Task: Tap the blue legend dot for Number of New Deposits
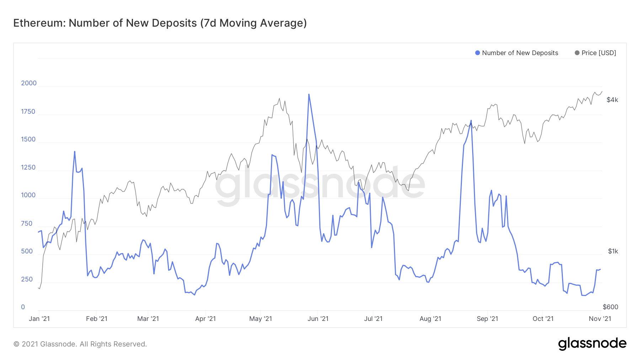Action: tap(478, 53)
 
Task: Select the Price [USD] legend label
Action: tap(599, 53)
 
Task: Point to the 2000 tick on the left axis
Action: tap(29, 83)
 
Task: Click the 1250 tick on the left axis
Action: tap(28, 167)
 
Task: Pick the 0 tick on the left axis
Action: tap(23, 307)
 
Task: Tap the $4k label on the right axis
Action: tap(612, 100)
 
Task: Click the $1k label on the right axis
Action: tap(613, 251)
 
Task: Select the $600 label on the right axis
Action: tap(610, 307)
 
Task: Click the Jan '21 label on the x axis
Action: tap(39, 319)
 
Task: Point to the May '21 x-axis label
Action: tap(261, 319)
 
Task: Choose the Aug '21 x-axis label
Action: tap(430, 319)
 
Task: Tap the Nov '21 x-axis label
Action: tap(600, 319)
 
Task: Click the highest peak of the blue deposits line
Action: tap(309, 95)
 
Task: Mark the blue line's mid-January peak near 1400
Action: tap(75, 152)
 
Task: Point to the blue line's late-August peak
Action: tap(471, 120)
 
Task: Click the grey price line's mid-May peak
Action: tap(279, 98)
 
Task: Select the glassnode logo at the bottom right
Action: tap(592, 344)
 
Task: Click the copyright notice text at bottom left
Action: tap(80, 344)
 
